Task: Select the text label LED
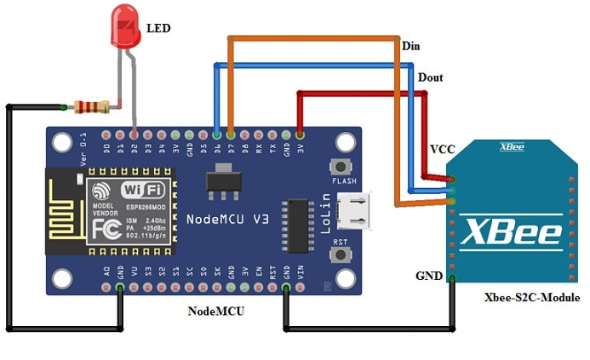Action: coord(158,29)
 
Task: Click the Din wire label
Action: coord(410,46)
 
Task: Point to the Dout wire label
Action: coord(430,77)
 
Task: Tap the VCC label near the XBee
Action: coord(442,149)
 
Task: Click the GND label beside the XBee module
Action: coord(428,277)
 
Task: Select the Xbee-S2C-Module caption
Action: coord(531,298)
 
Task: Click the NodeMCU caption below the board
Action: coord(216,311)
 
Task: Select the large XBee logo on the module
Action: coord(511,231)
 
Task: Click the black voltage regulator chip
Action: coord(222,181)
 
